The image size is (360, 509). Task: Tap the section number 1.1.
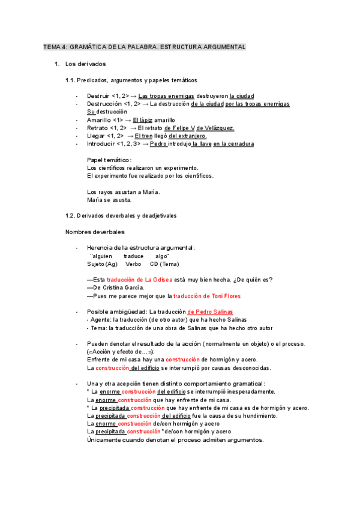coord(71,80)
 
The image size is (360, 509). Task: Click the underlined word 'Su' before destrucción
coord(91,112)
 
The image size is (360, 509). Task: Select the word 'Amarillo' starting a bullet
coord(99,120)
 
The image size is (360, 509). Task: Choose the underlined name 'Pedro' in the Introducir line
coord(158,144)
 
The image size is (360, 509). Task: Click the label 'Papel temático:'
coord(109,160)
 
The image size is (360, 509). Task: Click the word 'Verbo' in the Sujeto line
coord(133,264)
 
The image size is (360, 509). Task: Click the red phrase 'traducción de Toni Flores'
coord(206,296)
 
